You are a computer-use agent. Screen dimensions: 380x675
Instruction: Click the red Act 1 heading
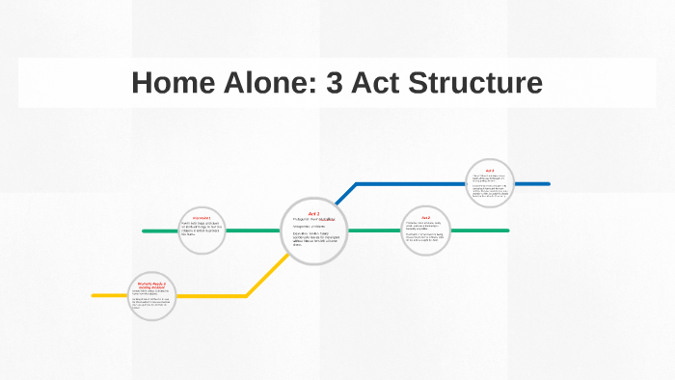pos(313,213)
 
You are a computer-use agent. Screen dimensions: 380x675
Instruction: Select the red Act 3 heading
pos(490,170)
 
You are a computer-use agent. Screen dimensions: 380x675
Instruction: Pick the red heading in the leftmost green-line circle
pos(202,219)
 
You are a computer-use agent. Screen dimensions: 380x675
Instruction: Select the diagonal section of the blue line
pos(345,195)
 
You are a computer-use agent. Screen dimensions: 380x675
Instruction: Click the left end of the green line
pos(145,231)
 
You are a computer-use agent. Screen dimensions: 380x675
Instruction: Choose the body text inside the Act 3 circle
pos(490,188)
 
